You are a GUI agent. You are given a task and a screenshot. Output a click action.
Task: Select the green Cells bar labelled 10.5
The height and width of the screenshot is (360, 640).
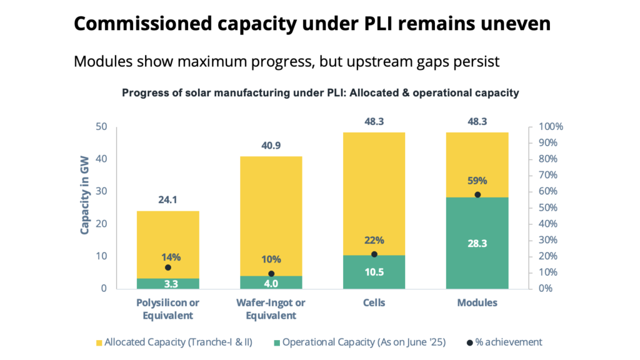[374, 272]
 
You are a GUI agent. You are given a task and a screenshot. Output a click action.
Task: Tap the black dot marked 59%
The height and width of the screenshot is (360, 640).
[477, 194]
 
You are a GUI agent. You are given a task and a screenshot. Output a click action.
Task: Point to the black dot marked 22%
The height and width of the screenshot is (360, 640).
[374, 254]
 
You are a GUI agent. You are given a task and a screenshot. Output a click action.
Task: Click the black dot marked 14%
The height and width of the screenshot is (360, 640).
[167, 267]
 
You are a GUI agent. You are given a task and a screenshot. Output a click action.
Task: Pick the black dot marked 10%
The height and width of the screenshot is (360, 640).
[271, 274]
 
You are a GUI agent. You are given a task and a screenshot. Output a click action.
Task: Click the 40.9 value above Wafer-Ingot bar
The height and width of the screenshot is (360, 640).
[271, 146]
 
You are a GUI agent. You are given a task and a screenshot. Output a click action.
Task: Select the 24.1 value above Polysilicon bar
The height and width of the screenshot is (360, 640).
[167, 201]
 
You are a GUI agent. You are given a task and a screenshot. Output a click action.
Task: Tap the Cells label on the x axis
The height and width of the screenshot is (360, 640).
[374, 303]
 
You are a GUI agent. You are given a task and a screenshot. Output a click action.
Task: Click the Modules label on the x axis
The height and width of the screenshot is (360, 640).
[477, 303]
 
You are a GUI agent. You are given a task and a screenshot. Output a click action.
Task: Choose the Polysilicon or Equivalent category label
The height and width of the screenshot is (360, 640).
[167, 309]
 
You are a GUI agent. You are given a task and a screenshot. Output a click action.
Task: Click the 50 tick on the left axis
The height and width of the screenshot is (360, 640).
[102, 127]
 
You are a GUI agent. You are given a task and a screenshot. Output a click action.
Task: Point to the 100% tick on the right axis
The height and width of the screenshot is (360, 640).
[551, 127]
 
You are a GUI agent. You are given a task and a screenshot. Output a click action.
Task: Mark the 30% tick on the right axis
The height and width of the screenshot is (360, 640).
[548, 240]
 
